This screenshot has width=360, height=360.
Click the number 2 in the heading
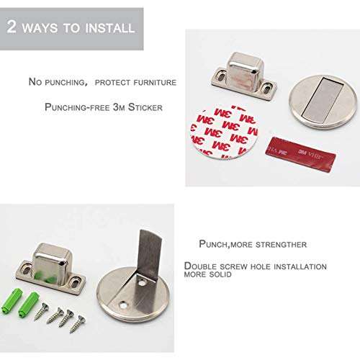click(13, 27)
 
